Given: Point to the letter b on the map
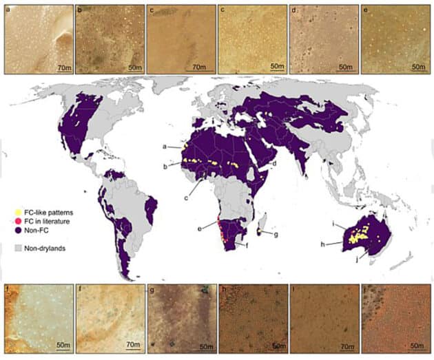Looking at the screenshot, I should [165, 166].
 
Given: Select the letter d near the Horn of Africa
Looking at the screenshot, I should [274, 164].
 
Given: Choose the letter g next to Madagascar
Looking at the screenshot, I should [277, 235].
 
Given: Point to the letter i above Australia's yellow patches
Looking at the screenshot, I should [333, 224].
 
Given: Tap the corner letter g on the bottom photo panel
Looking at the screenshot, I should [152, 288].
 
